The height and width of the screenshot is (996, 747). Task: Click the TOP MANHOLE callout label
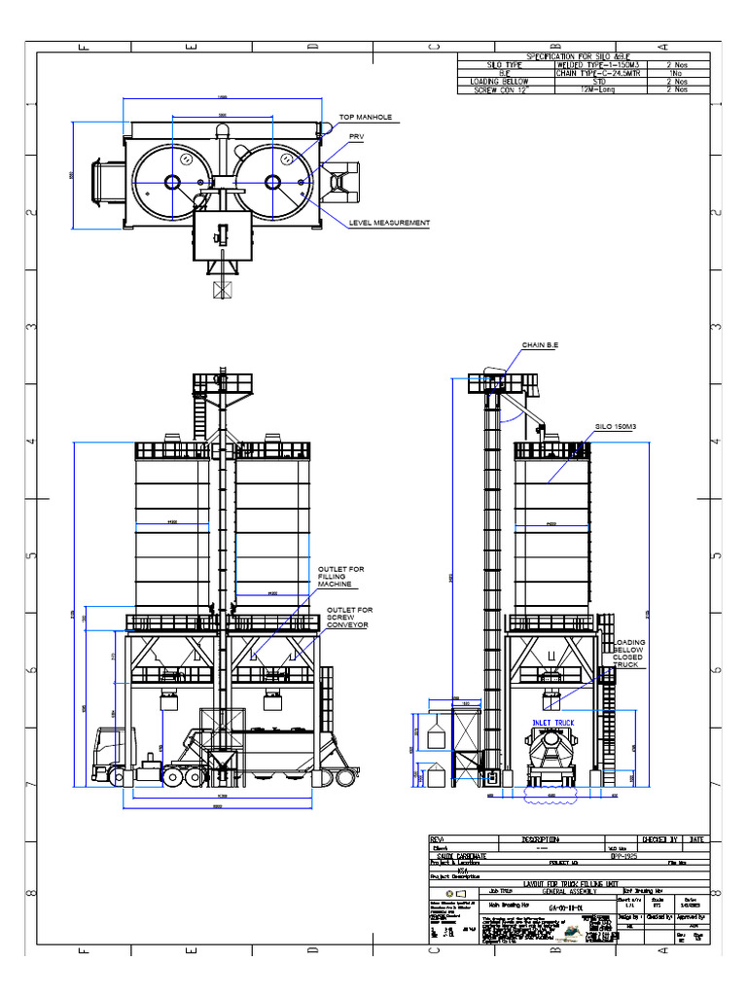(365, 117)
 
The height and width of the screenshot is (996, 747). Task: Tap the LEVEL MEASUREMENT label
(389, 223)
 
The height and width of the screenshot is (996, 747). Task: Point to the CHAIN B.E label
(540, 345)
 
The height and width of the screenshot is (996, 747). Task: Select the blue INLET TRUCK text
(552, 723)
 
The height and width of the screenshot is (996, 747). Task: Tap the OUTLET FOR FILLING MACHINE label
(335, 577)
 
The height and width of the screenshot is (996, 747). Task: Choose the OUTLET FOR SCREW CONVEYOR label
(349, 618)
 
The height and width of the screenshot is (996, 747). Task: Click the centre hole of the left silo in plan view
(172, 182)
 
